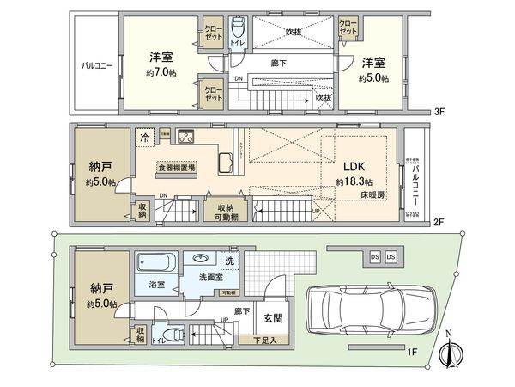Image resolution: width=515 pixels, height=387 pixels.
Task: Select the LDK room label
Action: [354, 166]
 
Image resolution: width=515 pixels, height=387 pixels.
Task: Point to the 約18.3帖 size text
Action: [354, 182]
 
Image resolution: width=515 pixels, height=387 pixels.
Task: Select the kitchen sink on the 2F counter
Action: [227, 163]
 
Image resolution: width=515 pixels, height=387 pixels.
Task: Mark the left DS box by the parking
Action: [374, 257]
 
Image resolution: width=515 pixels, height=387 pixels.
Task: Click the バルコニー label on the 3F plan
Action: [94, 64]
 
